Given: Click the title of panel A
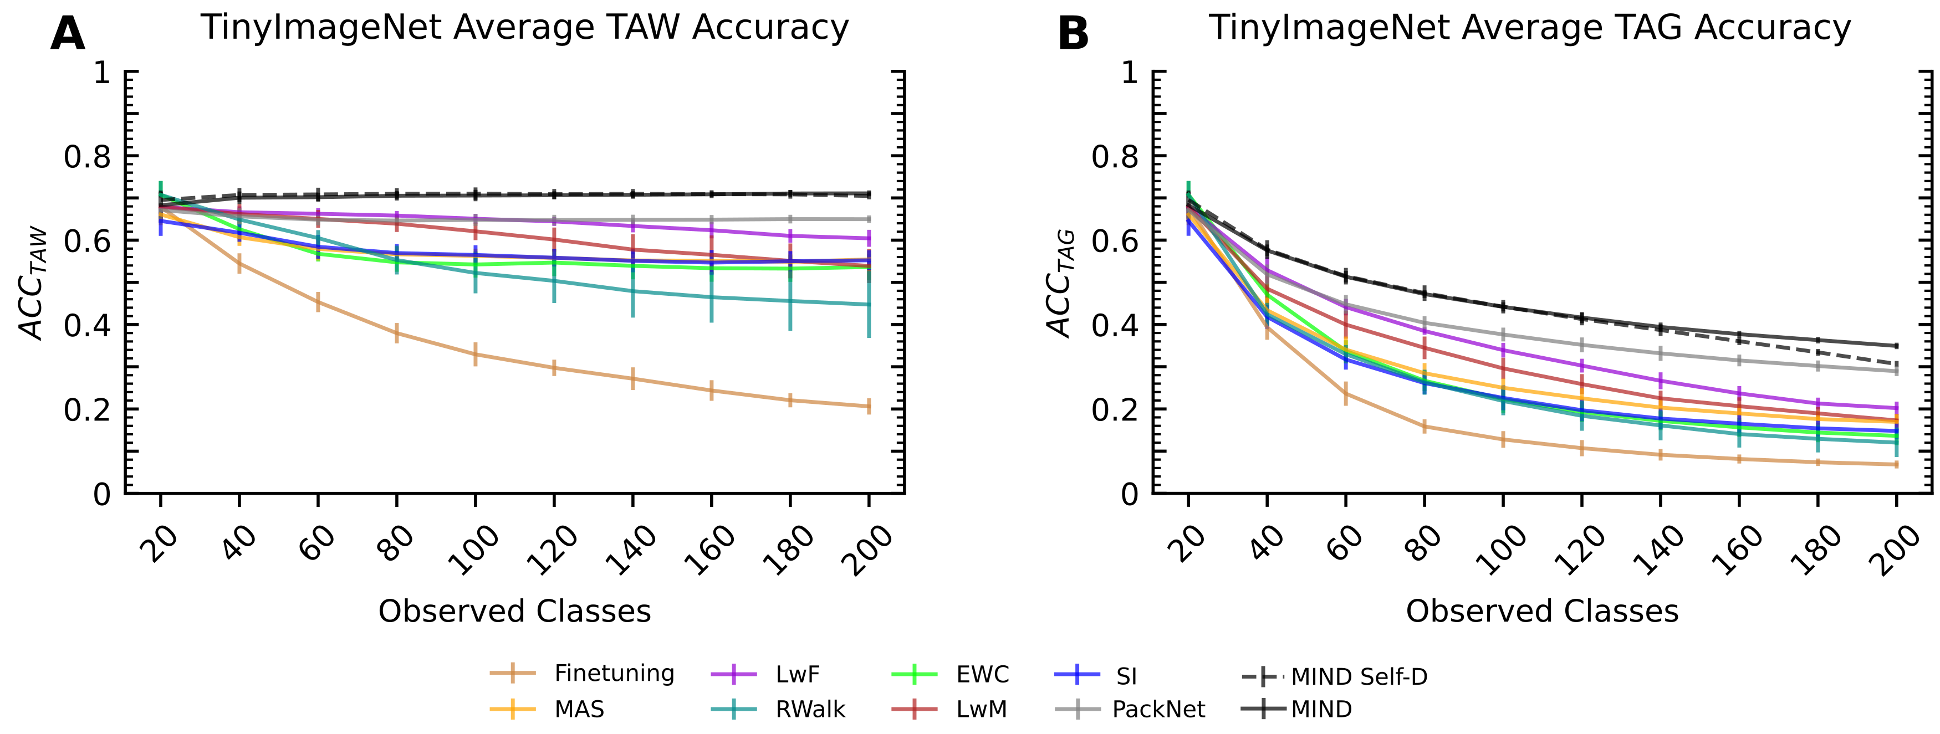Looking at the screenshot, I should click(x=524, y=28).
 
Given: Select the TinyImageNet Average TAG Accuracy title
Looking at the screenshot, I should click(x=1530, y=28).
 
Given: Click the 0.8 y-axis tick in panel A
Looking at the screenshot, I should click(x=86, y=157).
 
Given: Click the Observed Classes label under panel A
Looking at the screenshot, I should click(x=514, y=611).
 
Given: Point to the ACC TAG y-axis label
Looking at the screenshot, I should click(x=1060, y=284).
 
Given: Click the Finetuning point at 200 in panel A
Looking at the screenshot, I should click(x=869, y=407).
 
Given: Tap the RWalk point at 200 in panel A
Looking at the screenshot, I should click(x=869, y=305).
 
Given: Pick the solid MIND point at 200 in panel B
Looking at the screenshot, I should click(x=1896, y=346).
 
